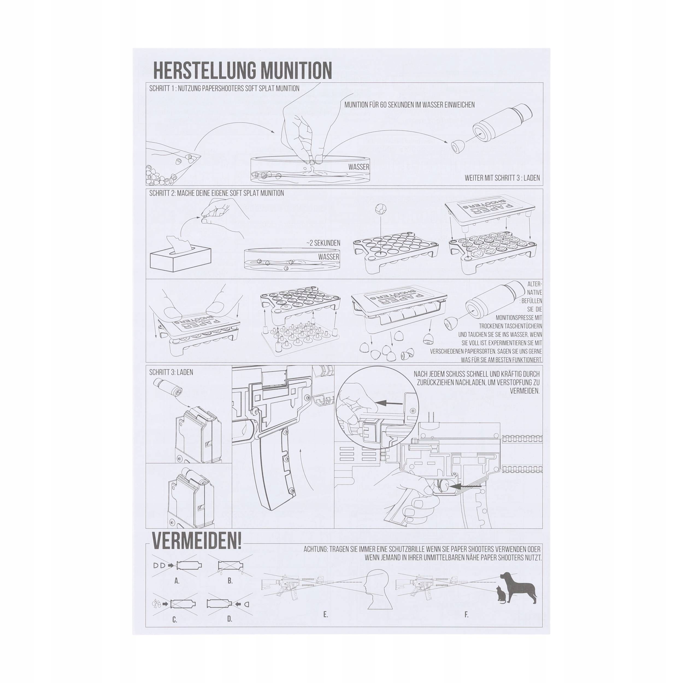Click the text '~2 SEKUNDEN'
click(323, 243)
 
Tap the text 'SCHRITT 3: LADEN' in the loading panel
click(171, 372)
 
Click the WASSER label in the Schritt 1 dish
click(358, 167)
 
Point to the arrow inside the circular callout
click(389, 402)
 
